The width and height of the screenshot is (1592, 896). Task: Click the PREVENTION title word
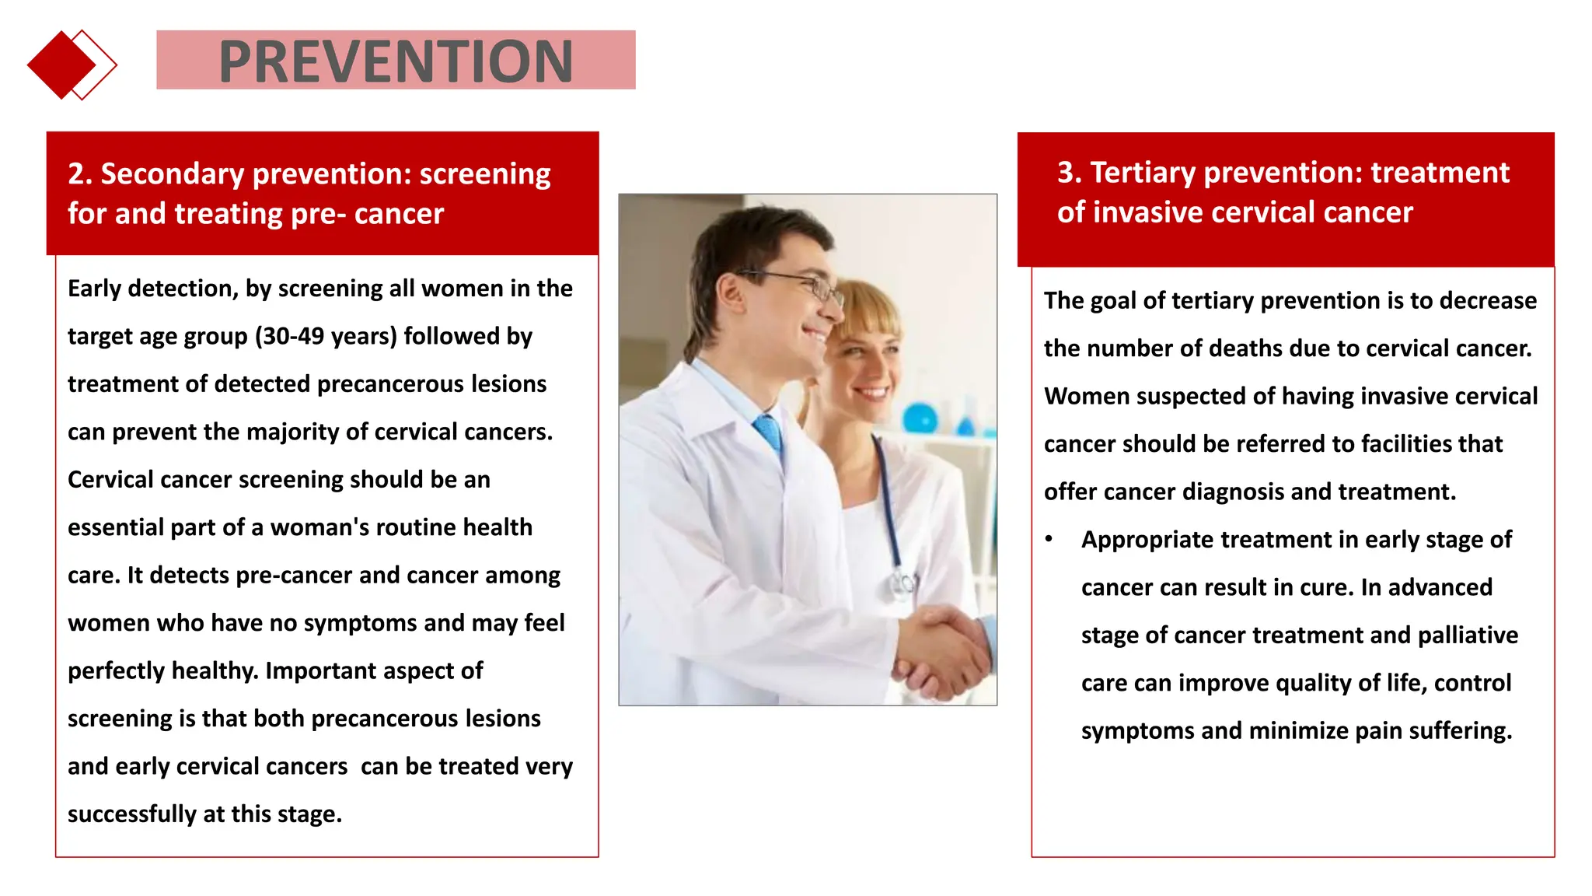click(396, 61)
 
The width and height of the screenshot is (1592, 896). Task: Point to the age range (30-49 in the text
click(289, 336)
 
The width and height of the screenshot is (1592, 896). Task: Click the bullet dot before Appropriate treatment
click(1049, 539)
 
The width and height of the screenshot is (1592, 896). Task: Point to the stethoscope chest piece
click(902, 582)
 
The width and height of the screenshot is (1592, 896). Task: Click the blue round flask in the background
click(920, 418)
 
